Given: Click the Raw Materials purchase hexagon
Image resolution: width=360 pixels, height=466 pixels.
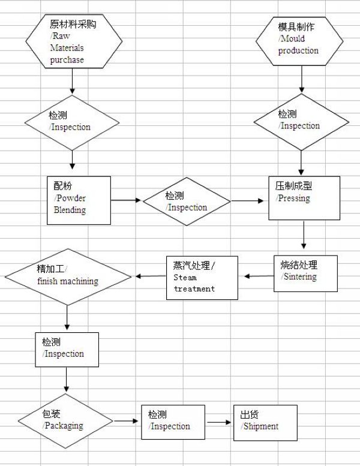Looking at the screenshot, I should [x=73, y=41].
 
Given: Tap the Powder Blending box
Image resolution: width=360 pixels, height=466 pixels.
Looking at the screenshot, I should [x=79, y=200].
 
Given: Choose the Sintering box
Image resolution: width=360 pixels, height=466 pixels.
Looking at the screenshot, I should [x=305, y=273].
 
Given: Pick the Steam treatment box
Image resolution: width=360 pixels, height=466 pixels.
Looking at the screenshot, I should [x=202, y=278].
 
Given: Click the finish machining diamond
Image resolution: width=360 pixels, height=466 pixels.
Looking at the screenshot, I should [x=68, y=277].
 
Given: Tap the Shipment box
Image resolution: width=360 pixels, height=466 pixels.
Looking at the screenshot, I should [x=265, y=422].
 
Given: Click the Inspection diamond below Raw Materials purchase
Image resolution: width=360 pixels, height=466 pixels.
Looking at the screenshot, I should [x=72, y=122].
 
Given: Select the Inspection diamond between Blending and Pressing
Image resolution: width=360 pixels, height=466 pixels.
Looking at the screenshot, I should [x=187, y=202].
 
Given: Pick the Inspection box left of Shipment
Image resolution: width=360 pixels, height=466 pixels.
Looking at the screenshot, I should [x=173, y=422].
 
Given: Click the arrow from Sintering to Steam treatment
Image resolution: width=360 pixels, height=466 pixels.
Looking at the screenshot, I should [x=258, y=276].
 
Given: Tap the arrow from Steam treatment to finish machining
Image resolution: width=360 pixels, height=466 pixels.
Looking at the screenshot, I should [x=149, y=276].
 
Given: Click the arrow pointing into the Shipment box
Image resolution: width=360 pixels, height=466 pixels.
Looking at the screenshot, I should [x=220, y=422].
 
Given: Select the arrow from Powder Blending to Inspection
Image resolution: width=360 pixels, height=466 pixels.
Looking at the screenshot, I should [x=127, y=200].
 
